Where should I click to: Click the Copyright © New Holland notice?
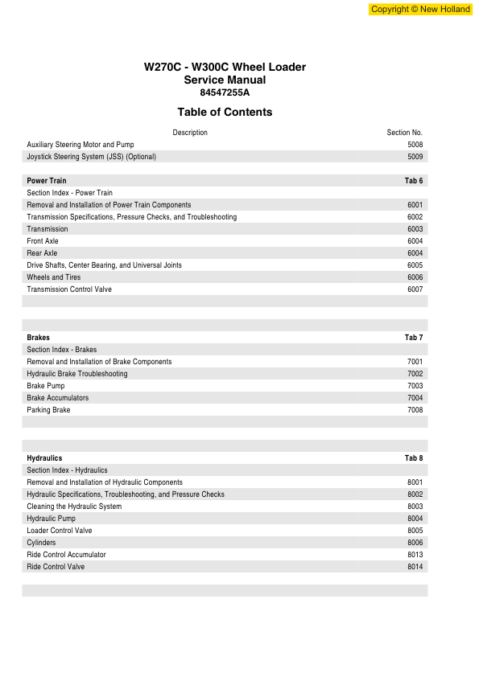pos(420,10)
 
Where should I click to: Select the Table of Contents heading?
pos(225,113)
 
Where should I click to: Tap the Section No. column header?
pos(405,133)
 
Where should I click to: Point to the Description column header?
pos(190,133)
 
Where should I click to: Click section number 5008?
pos(415,145)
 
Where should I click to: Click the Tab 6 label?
pos(414,181)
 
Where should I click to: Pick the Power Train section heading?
pos(47,181)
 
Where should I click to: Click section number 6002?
pos(415,217)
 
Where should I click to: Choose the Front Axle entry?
pos(43,241)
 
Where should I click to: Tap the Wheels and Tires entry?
pos(56,277)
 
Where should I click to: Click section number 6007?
pos(415,289)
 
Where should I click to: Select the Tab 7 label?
pos(414,338)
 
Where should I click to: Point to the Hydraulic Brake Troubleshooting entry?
pos(77,374)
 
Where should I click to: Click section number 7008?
pos(415,410)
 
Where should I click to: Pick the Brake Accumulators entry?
pos(58,398)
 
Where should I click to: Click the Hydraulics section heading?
pos(44,458)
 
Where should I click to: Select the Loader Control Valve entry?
pos(60,531)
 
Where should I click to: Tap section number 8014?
pos(415,567)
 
